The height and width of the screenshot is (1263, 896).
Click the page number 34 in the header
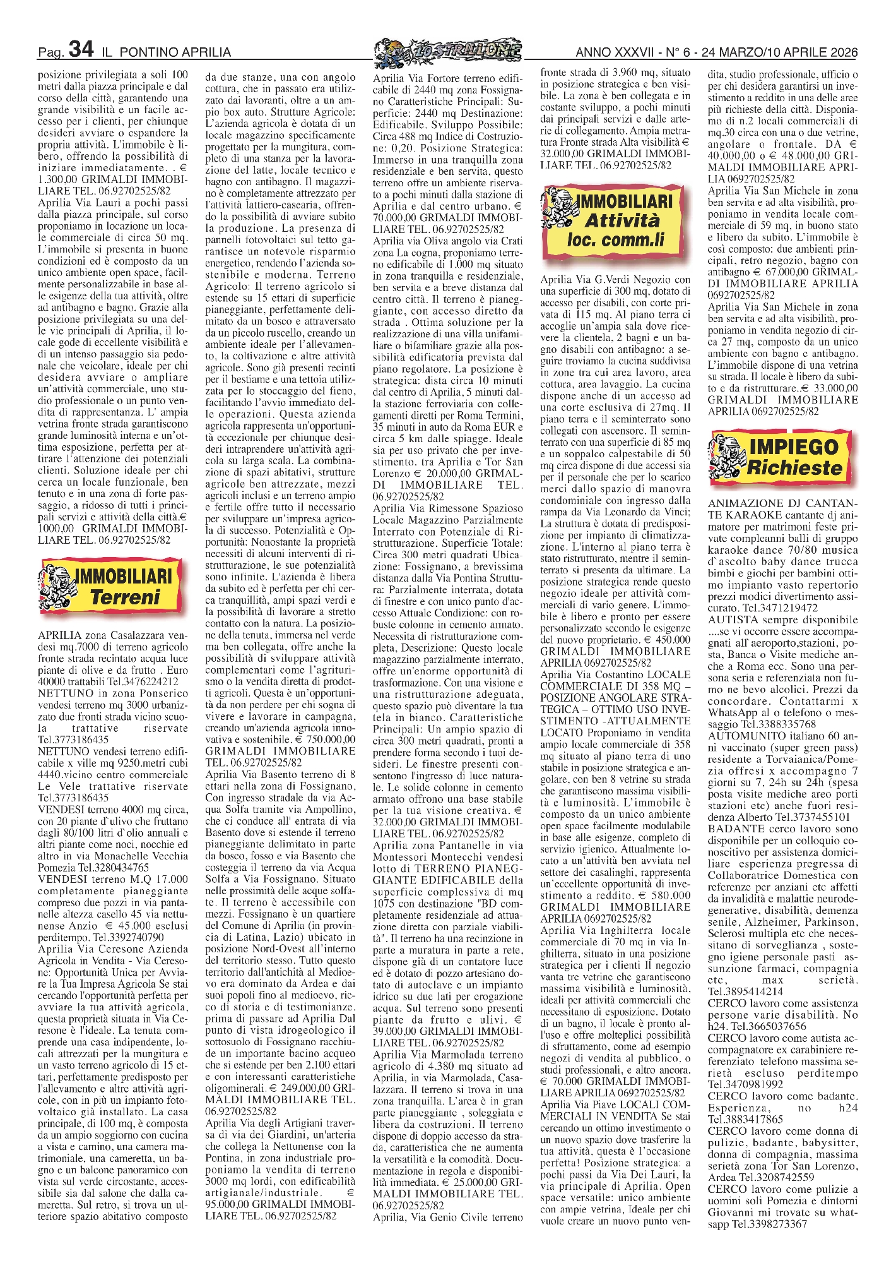(x=81, y=49)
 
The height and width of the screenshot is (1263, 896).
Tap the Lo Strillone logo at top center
(x=447, y=49)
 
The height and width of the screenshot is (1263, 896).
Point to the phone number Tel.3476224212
(x=143, y=681)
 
